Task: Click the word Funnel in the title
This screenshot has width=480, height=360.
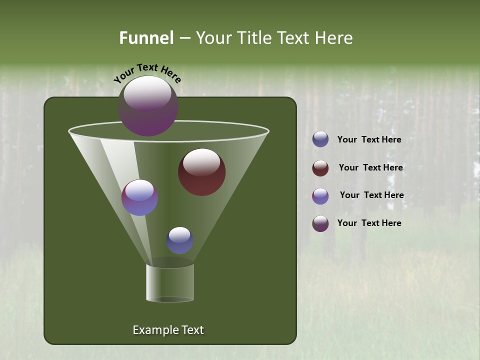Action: pos(146,38)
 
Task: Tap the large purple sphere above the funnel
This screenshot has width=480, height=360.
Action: pos(148,106)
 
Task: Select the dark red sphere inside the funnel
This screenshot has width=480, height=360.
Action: pos(202,172)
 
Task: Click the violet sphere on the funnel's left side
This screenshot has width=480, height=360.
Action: pos(140,197)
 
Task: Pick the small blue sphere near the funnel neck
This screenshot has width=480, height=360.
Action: pos(180,240)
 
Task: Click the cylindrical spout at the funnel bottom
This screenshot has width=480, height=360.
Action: pos(170,283)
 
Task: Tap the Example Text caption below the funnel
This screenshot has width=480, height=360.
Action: pos(168,330)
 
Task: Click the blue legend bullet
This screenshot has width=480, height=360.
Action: pos(320,139)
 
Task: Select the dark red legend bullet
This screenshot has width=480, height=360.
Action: pos(320,168)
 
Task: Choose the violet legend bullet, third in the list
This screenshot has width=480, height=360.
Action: pos(320,196)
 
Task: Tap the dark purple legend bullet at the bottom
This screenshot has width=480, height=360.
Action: pos(320,223)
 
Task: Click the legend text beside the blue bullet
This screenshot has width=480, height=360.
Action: pos(369,140)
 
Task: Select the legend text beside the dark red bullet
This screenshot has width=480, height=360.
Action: pos(370,167)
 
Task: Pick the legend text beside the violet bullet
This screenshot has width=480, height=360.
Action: pos(371,195)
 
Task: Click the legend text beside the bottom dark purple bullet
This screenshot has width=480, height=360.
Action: pos(369,223)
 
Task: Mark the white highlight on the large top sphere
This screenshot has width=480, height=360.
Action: pos(147,93)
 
